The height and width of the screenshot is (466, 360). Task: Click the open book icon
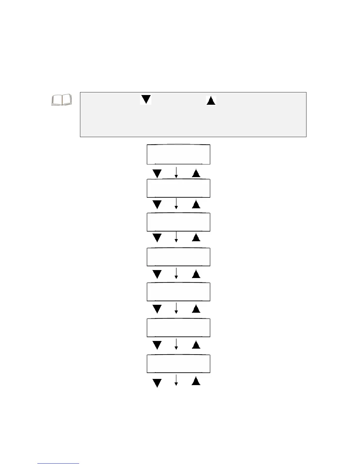click(62, 100)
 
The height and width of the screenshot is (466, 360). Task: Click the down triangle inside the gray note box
click(146, 99)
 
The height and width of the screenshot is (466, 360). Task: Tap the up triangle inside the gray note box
click(211, 100)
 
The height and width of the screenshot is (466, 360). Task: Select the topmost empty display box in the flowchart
click(178, 154)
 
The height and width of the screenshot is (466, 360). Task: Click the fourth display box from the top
click(178, 257)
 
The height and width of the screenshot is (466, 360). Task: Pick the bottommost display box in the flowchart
click(178, 364)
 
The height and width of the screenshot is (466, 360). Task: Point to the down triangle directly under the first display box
click(157, 173)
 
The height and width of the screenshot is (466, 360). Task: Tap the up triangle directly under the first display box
click(196, 173)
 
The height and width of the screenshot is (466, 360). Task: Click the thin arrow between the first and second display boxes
click(176, 172)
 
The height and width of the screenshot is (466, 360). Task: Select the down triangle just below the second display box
click(157, 204)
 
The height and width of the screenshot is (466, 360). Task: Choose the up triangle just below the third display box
click(196, 237)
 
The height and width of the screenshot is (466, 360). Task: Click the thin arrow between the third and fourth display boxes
click(176, 237)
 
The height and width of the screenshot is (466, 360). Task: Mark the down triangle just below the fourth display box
click(157, 274)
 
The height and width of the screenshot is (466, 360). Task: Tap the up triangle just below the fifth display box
click(196, 309)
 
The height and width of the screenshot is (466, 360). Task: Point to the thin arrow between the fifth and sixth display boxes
click(176, 308)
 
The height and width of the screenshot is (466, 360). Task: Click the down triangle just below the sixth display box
click(157, 345)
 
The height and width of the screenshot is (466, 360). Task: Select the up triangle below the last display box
click(196, 381)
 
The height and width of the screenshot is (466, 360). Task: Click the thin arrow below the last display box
click(176, 380)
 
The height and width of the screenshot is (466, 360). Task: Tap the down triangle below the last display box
click(157, 383)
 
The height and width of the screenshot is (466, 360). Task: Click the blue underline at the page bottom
click(58, 463)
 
